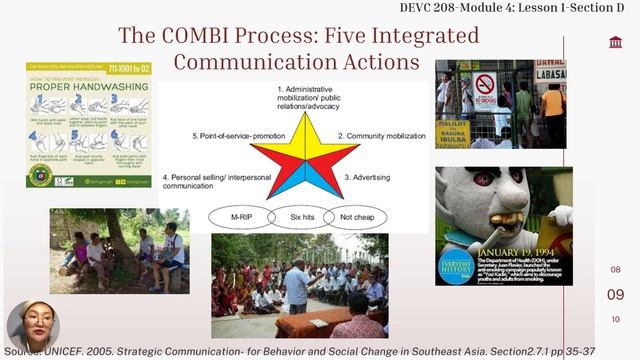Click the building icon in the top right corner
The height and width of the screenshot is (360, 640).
[x=615, y=42]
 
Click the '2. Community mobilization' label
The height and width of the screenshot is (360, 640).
[x=383, y=135]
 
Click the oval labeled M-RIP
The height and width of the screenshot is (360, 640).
[x=239, y=216]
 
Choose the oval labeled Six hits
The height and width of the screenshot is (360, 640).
[x=301, y=216]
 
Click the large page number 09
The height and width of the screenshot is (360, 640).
[x=616, y=294]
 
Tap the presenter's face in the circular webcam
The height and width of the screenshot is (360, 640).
[x=33, y=324]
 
